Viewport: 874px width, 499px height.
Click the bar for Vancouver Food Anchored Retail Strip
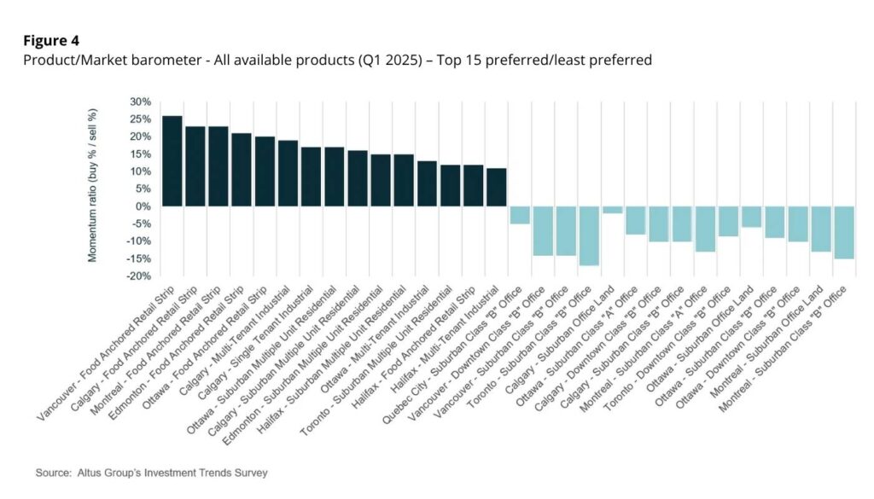[172, 161]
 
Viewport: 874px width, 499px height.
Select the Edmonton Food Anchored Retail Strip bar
[242, 170]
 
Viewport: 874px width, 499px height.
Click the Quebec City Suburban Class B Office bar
[519, 215]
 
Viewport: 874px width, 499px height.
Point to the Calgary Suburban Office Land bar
[612, 210]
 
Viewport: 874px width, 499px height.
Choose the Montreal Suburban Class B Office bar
[843, 232]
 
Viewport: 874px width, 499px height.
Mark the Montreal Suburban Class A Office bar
[704, 229]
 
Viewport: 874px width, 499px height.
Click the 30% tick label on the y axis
[140, 102]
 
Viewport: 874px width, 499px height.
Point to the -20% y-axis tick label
[138, 276]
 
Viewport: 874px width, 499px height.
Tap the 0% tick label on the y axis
[143, 206]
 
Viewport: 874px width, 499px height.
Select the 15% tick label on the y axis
[140, 154]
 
